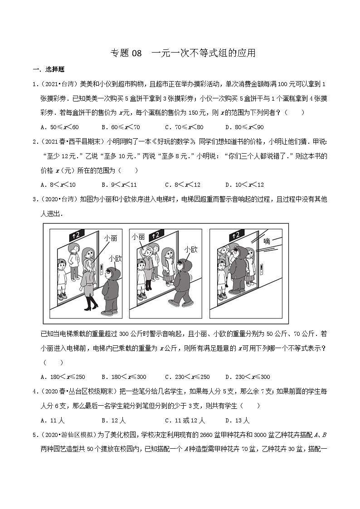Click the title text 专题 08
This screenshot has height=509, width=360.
[126, 53]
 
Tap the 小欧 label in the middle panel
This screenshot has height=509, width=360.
[191, 249]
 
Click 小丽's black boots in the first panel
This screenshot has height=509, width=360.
[92, 303]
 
